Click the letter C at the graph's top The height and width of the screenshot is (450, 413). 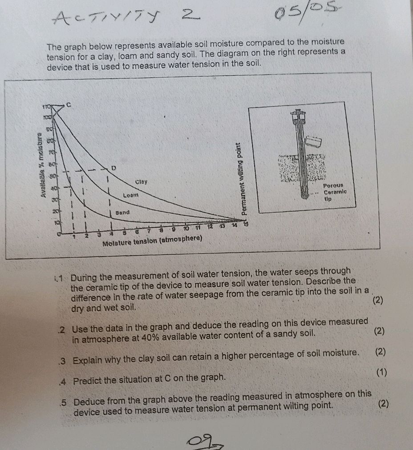coord(69,104)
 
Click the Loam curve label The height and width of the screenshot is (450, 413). coord(131,195)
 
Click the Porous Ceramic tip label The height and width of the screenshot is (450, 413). coord(335,192)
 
